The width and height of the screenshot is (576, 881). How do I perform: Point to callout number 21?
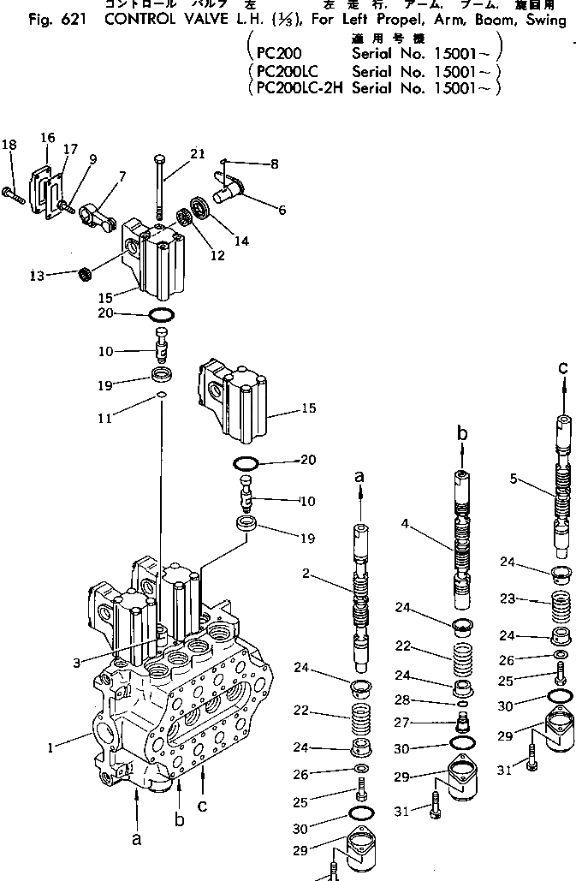pyautogui.click(x=197, y=153)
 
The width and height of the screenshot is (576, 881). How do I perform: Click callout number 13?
pyautogui.click(x=37, y=275)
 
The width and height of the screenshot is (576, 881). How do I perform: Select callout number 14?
pyautogui.click(x=242, y=241)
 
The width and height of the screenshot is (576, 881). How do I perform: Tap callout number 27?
pyautogui.click(x=421, y=722)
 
